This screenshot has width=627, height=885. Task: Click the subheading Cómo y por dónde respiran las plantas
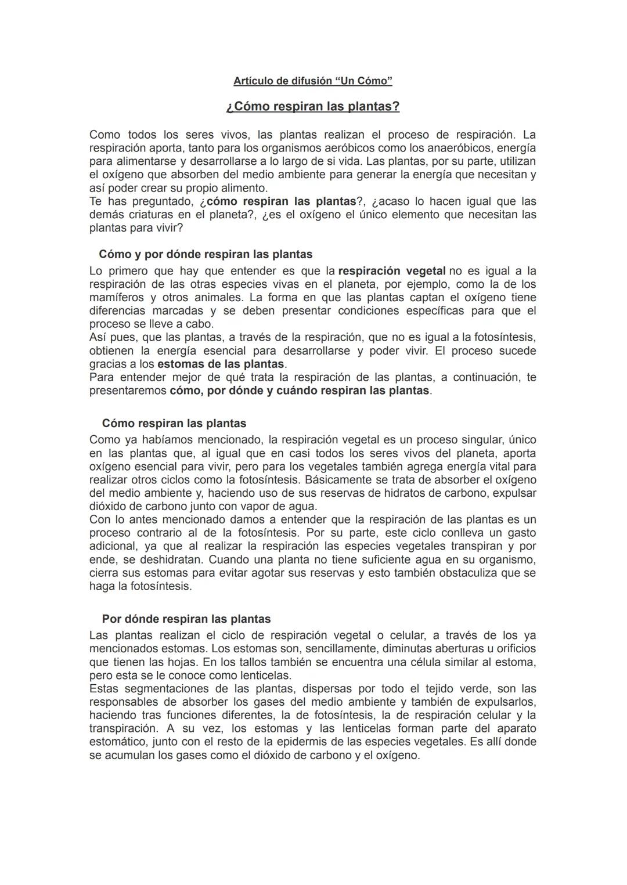click(206, 254)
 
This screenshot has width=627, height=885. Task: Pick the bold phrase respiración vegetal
click(392, 271)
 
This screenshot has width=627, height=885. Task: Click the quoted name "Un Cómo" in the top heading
click(364, 81)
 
